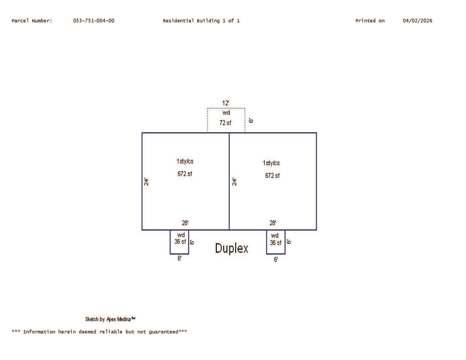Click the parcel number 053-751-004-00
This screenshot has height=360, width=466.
tap(94, 21)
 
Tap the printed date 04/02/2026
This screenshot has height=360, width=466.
tap(417, 21)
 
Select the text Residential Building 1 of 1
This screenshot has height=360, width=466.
tap(201, 21)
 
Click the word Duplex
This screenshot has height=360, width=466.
tap(231, 249)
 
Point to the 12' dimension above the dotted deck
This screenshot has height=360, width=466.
tap(225, 103)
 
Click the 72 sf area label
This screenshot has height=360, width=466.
tap(225, 123)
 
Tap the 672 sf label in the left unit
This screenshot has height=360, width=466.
tap(185, 174)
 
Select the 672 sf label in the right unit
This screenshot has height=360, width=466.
tap(272, 175)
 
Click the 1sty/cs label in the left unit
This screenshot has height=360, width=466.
tap(185, 161)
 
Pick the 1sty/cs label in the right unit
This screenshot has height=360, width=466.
tap(271, 163)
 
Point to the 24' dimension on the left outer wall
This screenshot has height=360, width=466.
tap(146, 181)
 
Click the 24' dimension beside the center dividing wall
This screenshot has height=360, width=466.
tap(235, 182)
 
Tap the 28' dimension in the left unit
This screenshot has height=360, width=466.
tap(185, 223)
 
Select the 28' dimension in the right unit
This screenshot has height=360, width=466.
tap(273, 223)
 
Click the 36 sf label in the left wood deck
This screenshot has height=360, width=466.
tap(180, 241)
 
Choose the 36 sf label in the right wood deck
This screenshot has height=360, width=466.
tap(275, 243)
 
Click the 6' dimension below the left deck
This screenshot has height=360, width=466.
tap(179, 258)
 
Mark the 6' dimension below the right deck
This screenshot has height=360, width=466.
tap(276, 259)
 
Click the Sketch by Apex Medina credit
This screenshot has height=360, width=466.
tap(110, 319)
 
